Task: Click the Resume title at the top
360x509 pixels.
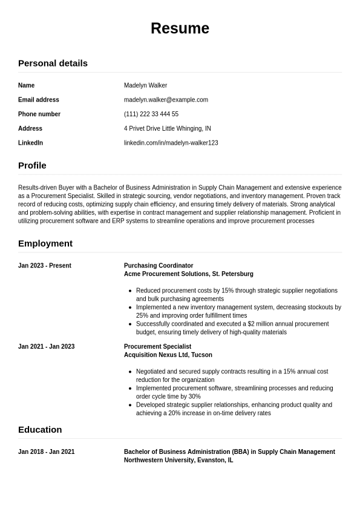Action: pyautogui.click(x=180, y=28)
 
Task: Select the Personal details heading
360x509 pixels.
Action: pyautogui.click(x=53, y=63)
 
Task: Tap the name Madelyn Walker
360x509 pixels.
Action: pyautogui.click(x=145, y=85)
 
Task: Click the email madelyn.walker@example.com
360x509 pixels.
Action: pyautogui.click(x=166, y=100)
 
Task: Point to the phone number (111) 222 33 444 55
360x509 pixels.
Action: pyautogui.click(x=151, y=114)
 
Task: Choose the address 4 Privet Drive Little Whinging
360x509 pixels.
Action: pyautogui.click(x=168, y=128)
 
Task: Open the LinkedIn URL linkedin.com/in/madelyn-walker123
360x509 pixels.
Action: pyautogui.click(x=171, y=143)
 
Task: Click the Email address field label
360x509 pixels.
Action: pyautogui.click(x=39, y=100)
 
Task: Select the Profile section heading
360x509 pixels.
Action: pyautogui.click(x=32, y=165)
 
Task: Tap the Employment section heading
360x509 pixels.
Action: pyautogui.click(x=45, y=243)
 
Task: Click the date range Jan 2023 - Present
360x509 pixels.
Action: pyautogui.click(x=45, y=266)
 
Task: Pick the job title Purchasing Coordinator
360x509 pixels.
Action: pyautogui.click(x=159, y=266)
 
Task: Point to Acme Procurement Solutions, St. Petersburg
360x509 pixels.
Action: pyautogui.click(x=189, y=274)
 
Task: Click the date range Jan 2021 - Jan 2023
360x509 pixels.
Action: pyautogui.click(x=47, y=347)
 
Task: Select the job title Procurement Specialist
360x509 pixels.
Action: pyautogui.click(x=157, y=347)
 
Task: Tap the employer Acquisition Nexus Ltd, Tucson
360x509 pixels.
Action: pyautogui.click(x=168, y=355)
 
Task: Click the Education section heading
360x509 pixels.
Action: pyautogui.click(x=40, y=430)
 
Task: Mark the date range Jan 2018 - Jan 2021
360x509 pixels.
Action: pyautogui.click(x=47, y=452)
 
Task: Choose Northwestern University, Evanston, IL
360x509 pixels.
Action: pyautogui.click(x=178, y=461)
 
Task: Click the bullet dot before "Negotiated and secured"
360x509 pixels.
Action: pyautogui.click(x=131, y=372)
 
